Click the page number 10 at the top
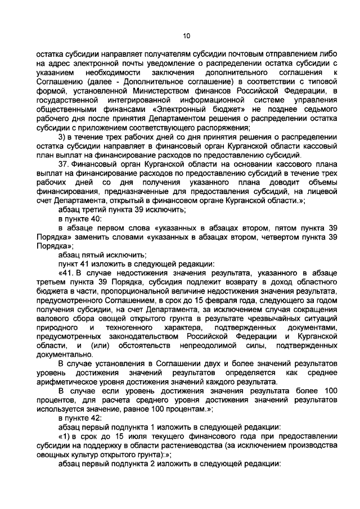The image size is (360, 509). click(x=187, y=36)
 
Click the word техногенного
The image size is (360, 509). click(x=142, y=327)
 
